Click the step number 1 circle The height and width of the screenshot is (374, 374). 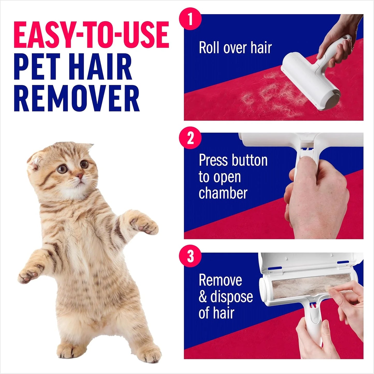pyautogui.click(x=190, y=19)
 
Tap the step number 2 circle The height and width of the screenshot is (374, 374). pyautogui.click(x=190, y=138)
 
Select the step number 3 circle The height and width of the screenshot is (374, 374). pyautogui.click(x=190, y=256)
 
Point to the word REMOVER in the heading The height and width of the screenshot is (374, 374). pyautogui.click(x=77, y=98)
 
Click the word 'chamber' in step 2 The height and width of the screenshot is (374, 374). pyautogui.click(x=223, y=193)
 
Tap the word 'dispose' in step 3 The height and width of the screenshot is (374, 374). pyautogui.click(x=232, y=297)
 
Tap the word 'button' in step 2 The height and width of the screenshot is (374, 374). pyautogui.click(x=249, y=160)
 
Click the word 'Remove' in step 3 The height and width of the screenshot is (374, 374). pyautogui.click(x=220, y=280)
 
